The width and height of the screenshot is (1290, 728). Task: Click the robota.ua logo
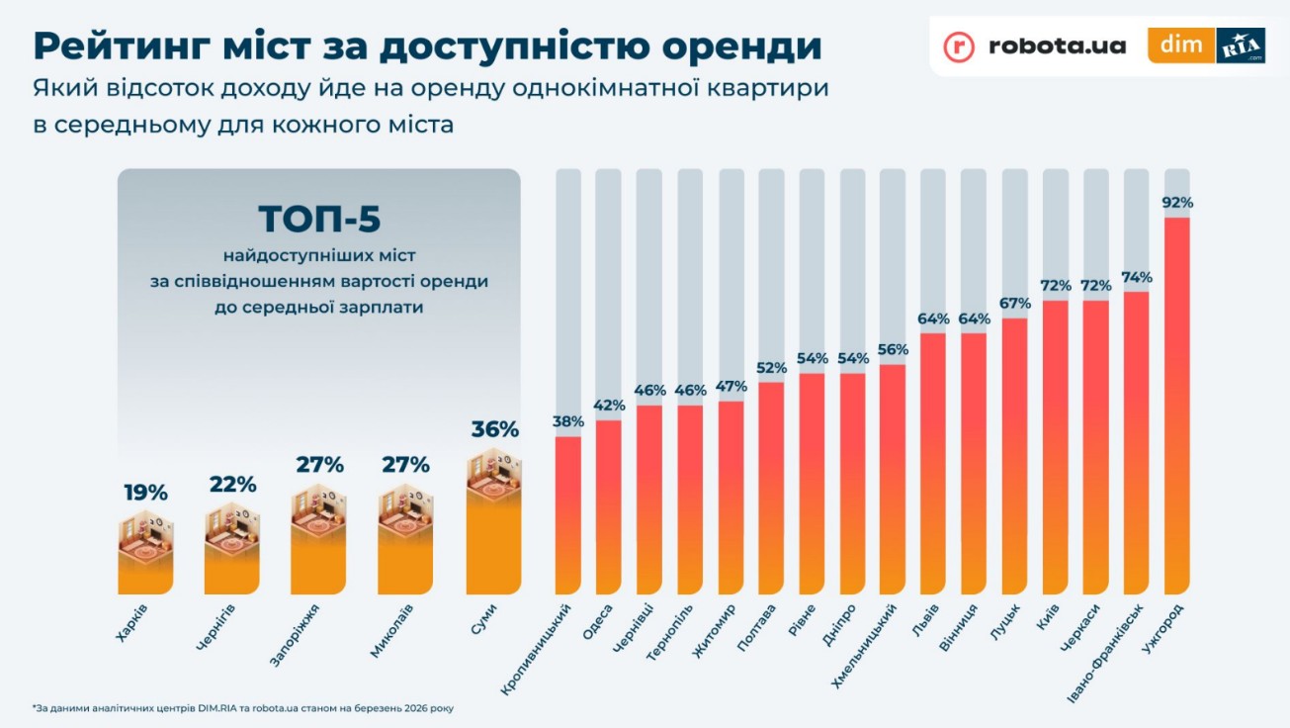[1034, 45]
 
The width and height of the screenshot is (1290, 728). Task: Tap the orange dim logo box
[1180, 45]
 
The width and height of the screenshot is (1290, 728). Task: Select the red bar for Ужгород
[1177, 406]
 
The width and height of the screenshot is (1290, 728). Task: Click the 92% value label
[1177, 203]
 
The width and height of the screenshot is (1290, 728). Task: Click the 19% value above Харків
[145, 492]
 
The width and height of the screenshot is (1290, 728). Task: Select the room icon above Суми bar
[493, 475]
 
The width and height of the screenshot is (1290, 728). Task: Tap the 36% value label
[494, 429]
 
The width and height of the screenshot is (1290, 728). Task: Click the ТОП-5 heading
[318, 220]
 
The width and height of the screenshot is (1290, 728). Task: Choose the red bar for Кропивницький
[568, 514]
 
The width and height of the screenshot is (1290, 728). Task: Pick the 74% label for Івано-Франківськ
[1137, 277]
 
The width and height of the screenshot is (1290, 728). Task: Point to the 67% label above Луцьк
[1015, 303]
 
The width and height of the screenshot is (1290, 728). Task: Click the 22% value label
[232, 485]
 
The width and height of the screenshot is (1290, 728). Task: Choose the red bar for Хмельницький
[893, 479]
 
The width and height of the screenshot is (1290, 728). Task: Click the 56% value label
[893, 349]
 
